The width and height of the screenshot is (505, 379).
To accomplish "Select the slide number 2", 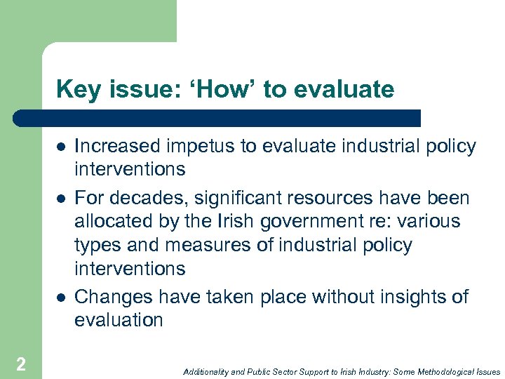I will pyautogui.click(x=21, y=364).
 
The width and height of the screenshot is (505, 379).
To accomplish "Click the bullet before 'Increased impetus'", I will pyautogui.click(x=61, y=147).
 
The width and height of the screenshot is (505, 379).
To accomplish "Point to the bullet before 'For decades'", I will pyautogui.click(x=61, y=197).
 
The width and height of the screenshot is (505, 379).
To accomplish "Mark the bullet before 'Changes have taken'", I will pyautogui.click(x=61, y=298).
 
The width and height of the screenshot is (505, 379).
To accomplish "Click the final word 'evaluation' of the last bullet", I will pyautogui.click(x=119, y=321).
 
